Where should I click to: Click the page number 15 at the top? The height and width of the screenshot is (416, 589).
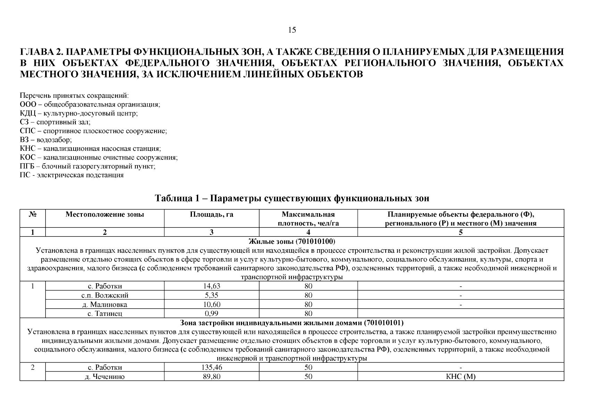point(292,30)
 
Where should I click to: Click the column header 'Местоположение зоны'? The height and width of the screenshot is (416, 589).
point(104,215)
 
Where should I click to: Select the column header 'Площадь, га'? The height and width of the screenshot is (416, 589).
point(211,215)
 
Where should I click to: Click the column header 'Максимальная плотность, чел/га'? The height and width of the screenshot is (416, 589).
point(308,219)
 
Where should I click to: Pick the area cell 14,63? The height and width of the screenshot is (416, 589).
point(211,286)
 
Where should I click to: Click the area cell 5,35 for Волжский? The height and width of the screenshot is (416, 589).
point(211,295)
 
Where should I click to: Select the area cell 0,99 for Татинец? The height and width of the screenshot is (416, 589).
point(211,314)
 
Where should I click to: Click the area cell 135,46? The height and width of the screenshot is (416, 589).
point(211,367)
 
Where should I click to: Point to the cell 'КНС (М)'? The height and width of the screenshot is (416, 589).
point(460,377)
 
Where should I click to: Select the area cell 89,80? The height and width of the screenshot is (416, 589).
point(211,377)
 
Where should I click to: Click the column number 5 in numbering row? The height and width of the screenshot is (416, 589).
point(460,233)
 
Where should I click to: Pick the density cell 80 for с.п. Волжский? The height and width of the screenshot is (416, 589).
point(308,295)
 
